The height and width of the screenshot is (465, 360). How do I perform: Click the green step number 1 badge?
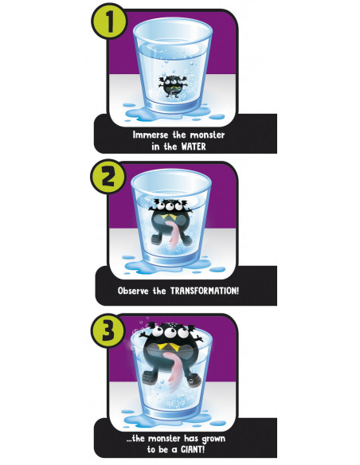point(109,21)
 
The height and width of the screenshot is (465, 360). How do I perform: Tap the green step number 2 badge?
point(108,177)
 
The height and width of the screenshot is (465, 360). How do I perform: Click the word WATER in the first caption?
point(194,147)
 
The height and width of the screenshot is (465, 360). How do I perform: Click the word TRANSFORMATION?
point(205,291)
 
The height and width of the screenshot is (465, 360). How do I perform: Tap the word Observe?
point(133,291)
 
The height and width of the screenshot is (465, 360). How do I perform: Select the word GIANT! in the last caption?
point(193,449)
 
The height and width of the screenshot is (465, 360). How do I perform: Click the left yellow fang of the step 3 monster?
point(162,346)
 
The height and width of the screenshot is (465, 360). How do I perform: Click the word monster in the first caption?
point(207,135)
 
